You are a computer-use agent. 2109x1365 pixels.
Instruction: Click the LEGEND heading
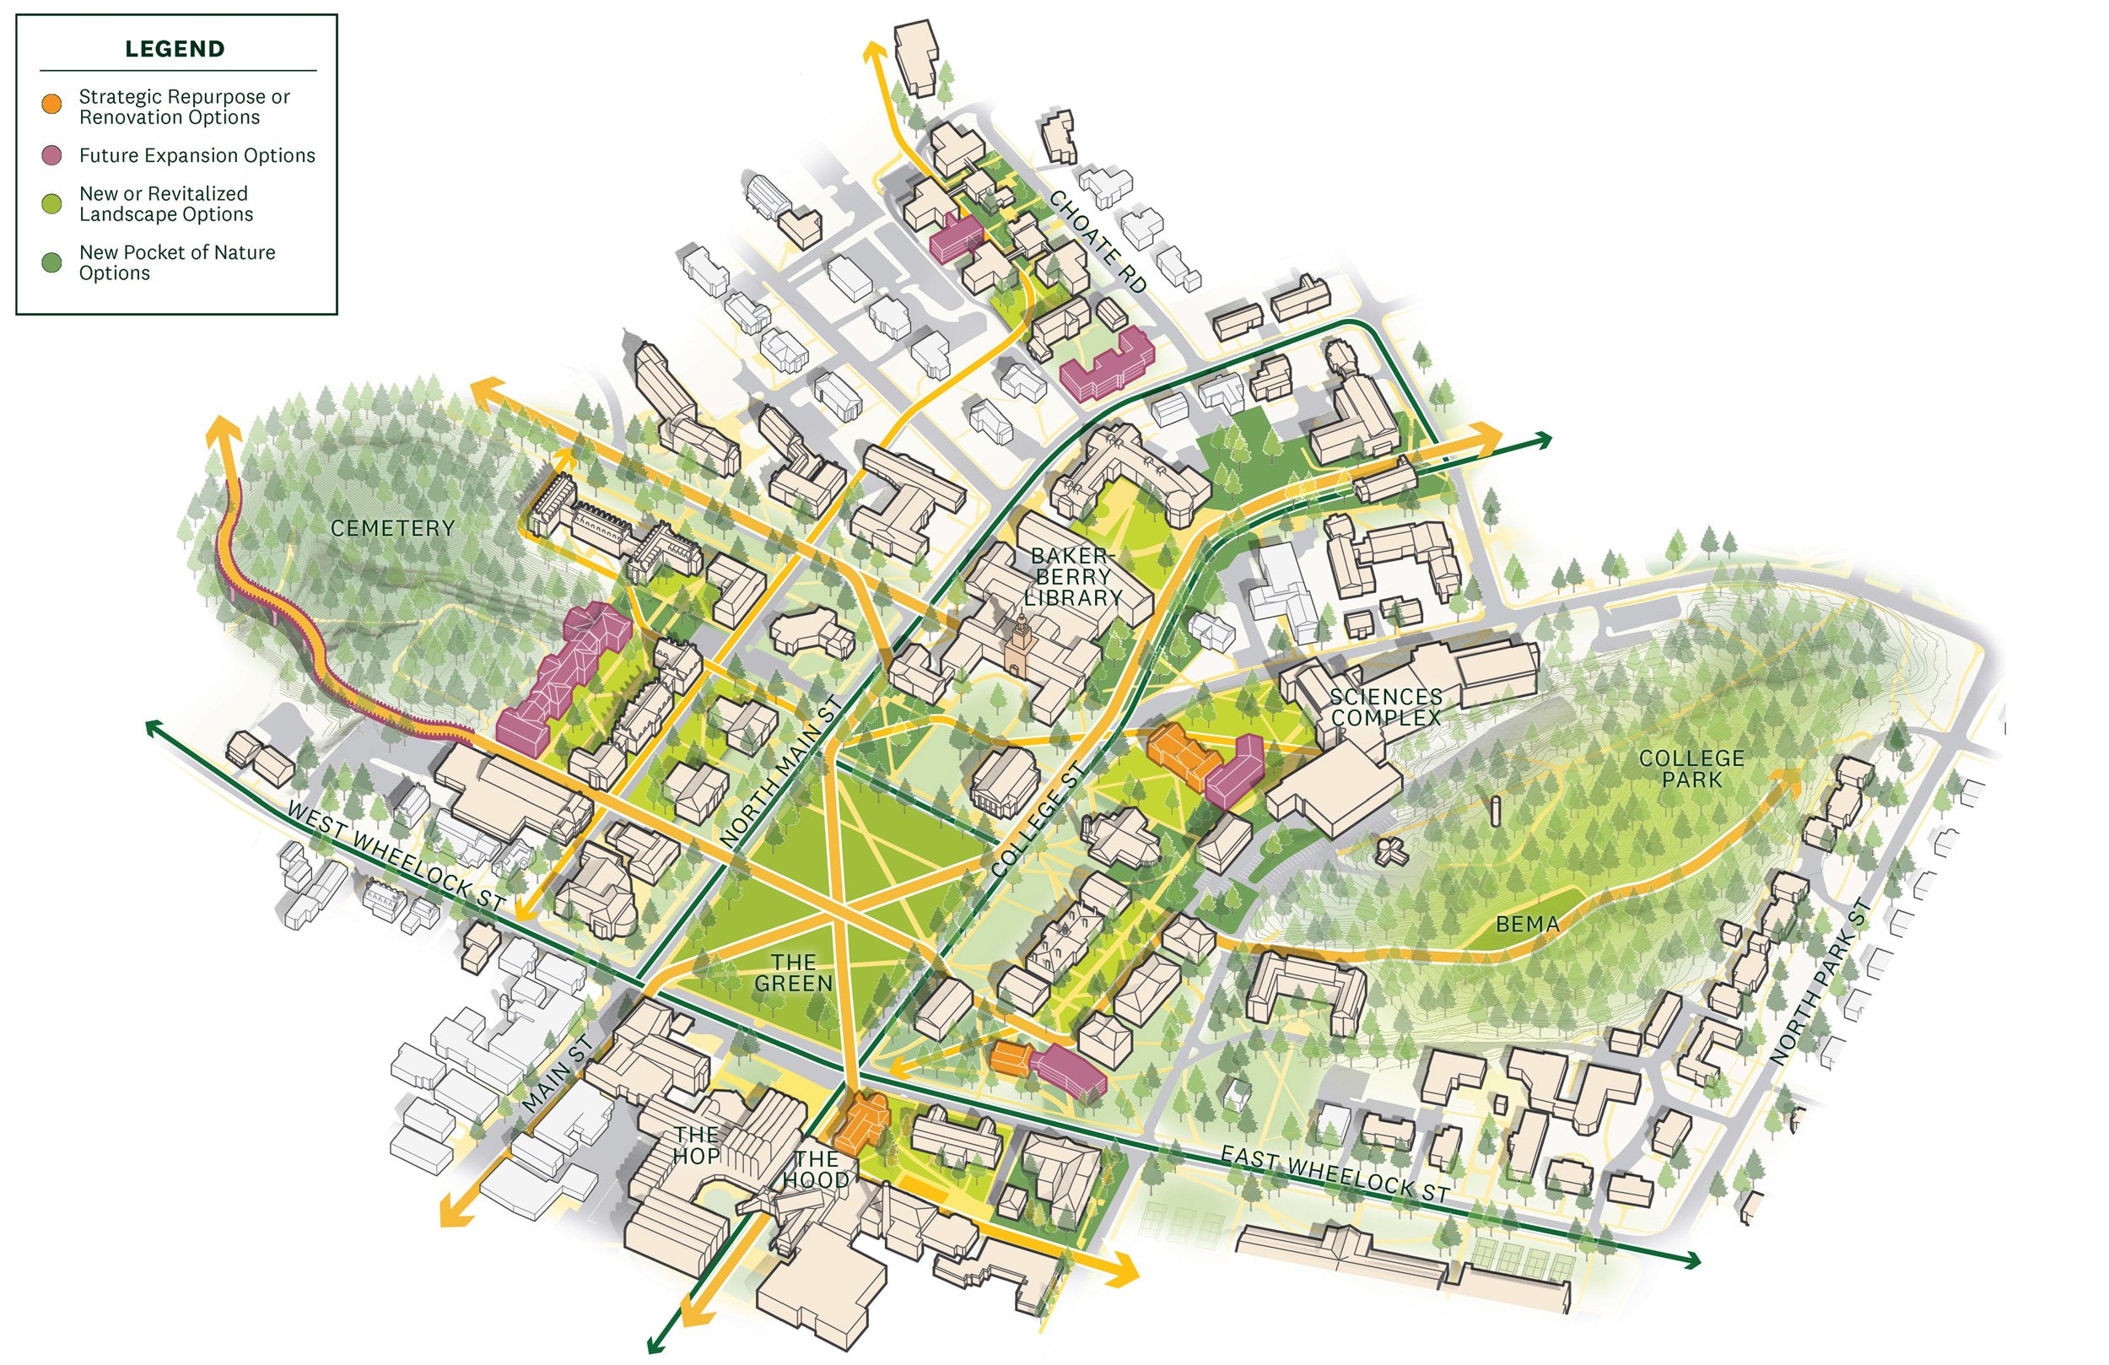(x=175, y=49)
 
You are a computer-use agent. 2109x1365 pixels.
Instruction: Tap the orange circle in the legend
(x=52, y=104)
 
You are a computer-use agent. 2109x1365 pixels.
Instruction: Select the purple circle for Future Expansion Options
(x=52, y=155)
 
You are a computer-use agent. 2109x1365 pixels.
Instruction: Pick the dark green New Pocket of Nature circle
(x=52, y=262)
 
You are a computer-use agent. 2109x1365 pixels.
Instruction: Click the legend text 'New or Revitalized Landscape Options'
(x=165, y=204)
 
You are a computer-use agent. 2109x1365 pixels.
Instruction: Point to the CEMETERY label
(x=391, y=528)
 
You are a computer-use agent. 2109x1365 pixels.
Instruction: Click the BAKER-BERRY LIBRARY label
(x=1071, y=577)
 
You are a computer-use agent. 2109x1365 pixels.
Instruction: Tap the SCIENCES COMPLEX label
(x=1386, y=707)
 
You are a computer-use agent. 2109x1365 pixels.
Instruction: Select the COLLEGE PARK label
(x=1691, y=769)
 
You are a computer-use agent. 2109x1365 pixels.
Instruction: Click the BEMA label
(x=1527, y=925)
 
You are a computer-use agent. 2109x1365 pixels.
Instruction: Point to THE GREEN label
(x=793, y=973)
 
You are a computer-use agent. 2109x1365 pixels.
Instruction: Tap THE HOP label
(x=697, y=1145)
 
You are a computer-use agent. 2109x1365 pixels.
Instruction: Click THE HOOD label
(x=816, y=1169)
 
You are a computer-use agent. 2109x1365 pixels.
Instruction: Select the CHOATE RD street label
(x=1097, y=241)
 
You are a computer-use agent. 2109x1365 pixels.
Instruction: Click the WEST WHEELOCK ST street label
(x=396, y=856)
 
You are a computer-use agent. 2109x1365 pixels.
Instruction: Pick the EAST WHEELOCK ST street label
(x=1335, y=1173)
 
